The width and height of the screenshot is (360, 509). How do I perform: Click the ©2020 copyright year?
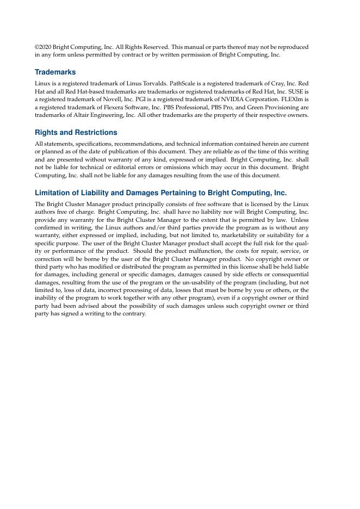coord(44,47)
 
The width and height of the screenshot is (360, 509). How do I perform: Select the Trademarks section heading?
coord(55,72)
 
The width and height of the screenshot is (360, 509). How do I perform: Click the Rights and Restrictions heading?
coord(76,133)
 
